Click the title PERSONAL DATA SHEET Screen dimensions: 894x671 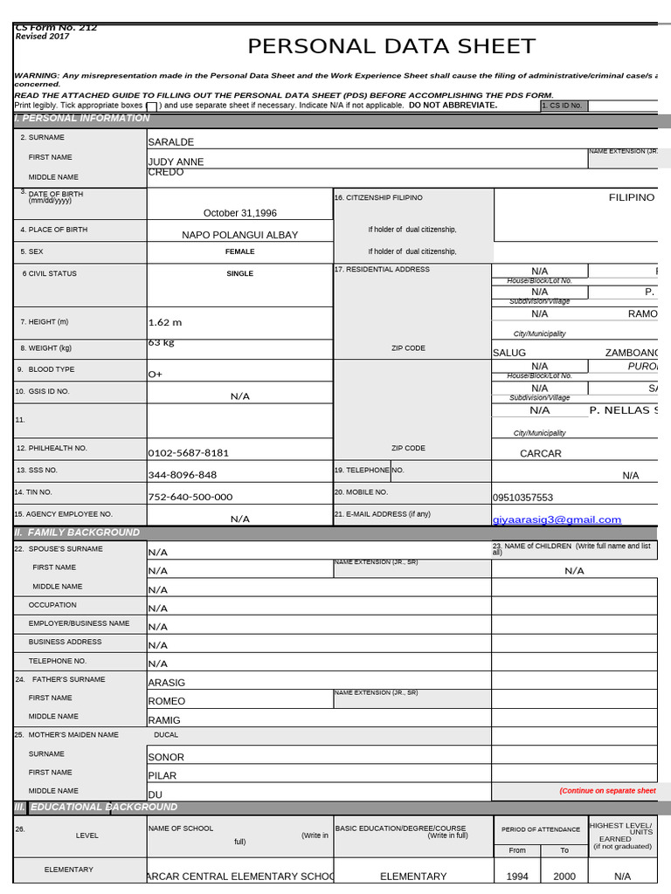(x=391, y=46)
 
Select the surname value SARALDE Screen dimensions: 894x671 (x=170, y=141)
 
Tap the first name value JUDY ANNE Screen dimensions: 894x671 (x=176, y=162)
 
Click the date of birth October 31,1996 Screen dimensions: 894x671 (x=239, y=213)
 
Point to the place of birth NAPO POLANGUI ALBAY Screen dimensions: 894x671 (x=239, y=235)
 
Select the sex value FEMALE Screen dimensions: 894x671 (x=239, y=251)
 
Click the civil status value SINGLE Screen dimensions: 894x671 (x=239, y=273)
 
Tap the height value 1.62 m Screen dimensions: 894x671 (x=165, y=322)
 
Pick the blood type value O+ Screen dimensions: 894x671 (x=156, y=374)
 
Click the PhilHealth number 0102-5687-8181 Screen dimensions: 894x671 (x=188, y=453)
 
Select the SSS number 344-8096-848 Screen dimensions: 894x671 (x=182, y=475)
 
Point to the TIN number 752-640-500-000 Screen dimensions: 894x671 (x=190, y=497)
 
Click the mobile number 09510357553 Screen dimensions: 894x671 (x=522, y=498)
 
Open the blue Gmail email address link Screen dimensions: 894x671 (x=557, y=519)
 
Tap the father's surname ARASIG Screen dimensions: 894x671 (x=166, y=683)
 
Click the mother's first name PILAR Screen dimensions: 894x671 (x=162, y=775)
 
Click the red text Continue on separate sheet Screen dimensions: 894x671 (x=607, y=791)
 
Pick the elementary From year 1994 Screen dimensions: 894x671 (x=516, y=876)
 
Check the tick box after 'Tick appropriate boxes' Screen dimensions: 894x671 (x=151, y=107)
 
